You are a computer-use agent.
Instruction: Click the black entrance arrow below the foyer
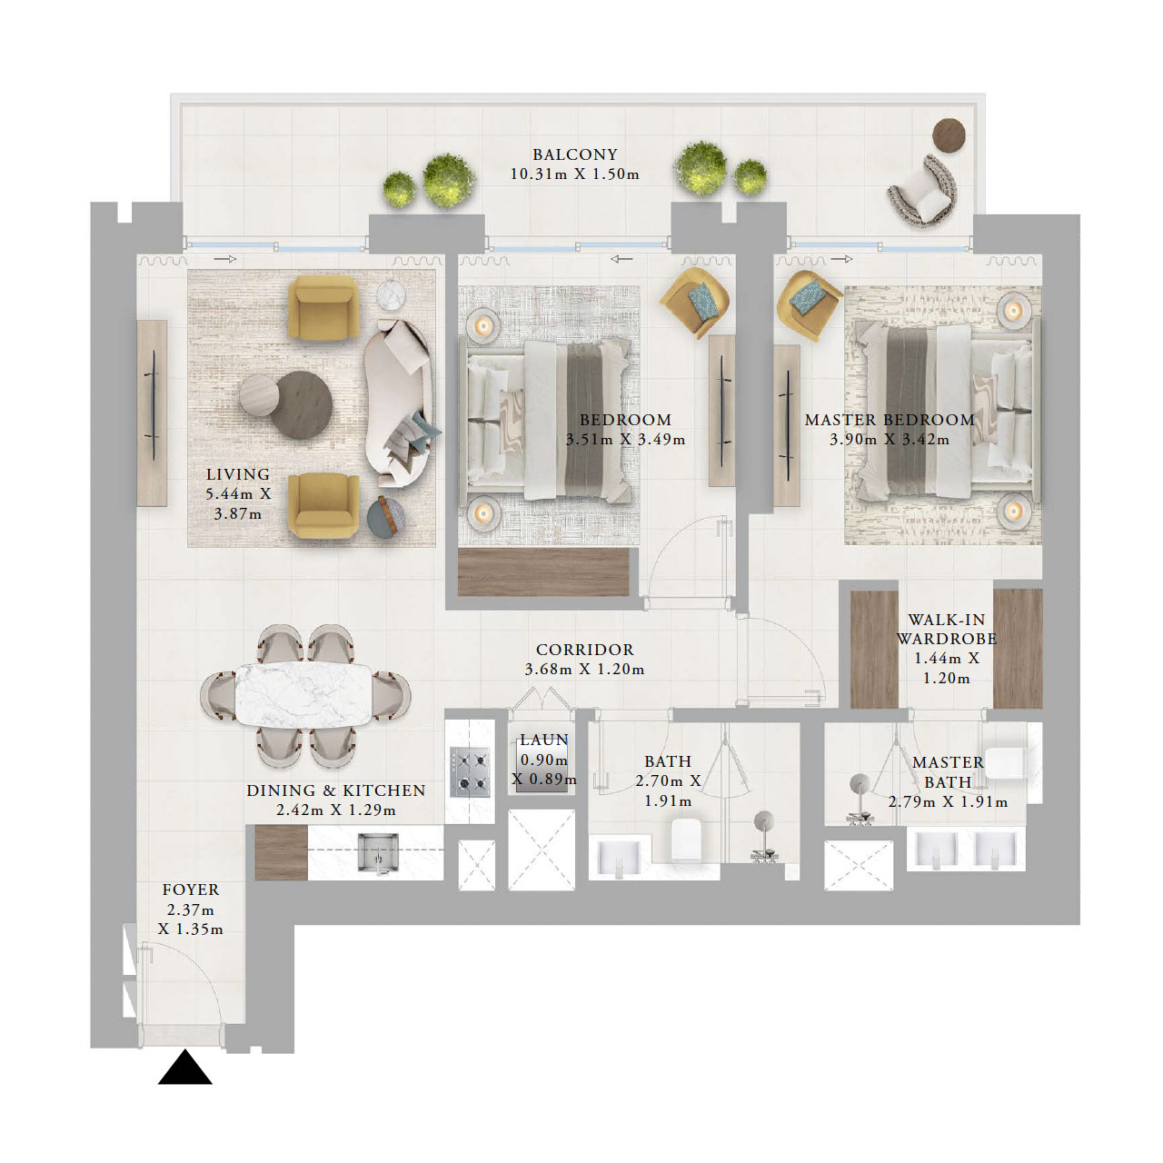pyautogui.click(x=185, y=1069)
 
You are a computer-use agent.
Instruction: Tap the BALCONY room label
pyautogui.click(x=574, y=154)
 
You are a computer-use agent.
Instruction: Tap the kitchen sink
pyautogui.click(x=377, y=852)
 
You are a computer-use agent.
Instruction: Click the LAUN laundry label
pyautogui.click(x=543, y=741)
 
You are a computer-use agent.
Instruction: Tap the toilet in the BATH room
pyautogui.click(x=688, y=840)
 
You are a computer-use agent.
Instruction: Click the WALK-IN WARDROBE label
pyautogui.click(x=946, y=629)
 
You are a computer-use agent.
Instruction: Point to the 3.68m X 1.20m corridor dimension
pyautogui.click(x=584, y=670)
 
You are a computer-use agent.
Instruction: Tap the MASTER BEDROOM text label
pyautogui.click(x=889, y=420)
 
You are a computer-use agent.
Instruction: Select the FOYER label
pyautogui.click(x=190, y=890)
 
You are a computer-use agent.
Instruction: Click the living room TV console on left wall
pyautogui.click(x=152, y=413)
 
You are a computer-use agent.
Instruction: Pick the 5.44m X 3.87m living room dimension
pyautogui.click(x=237, y=504)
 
